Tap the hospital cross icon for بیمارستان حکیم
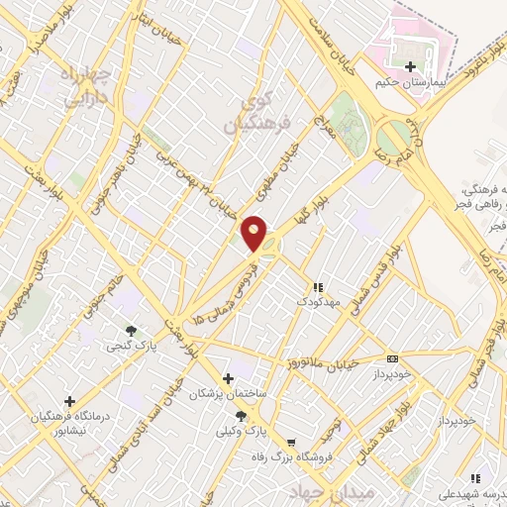pos(411,66)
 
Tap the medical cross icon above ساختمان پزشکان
pos(229,378)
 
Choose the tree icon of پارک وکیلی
pos(241,416)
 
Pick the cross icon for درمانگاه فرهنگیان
pos(69,401)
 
